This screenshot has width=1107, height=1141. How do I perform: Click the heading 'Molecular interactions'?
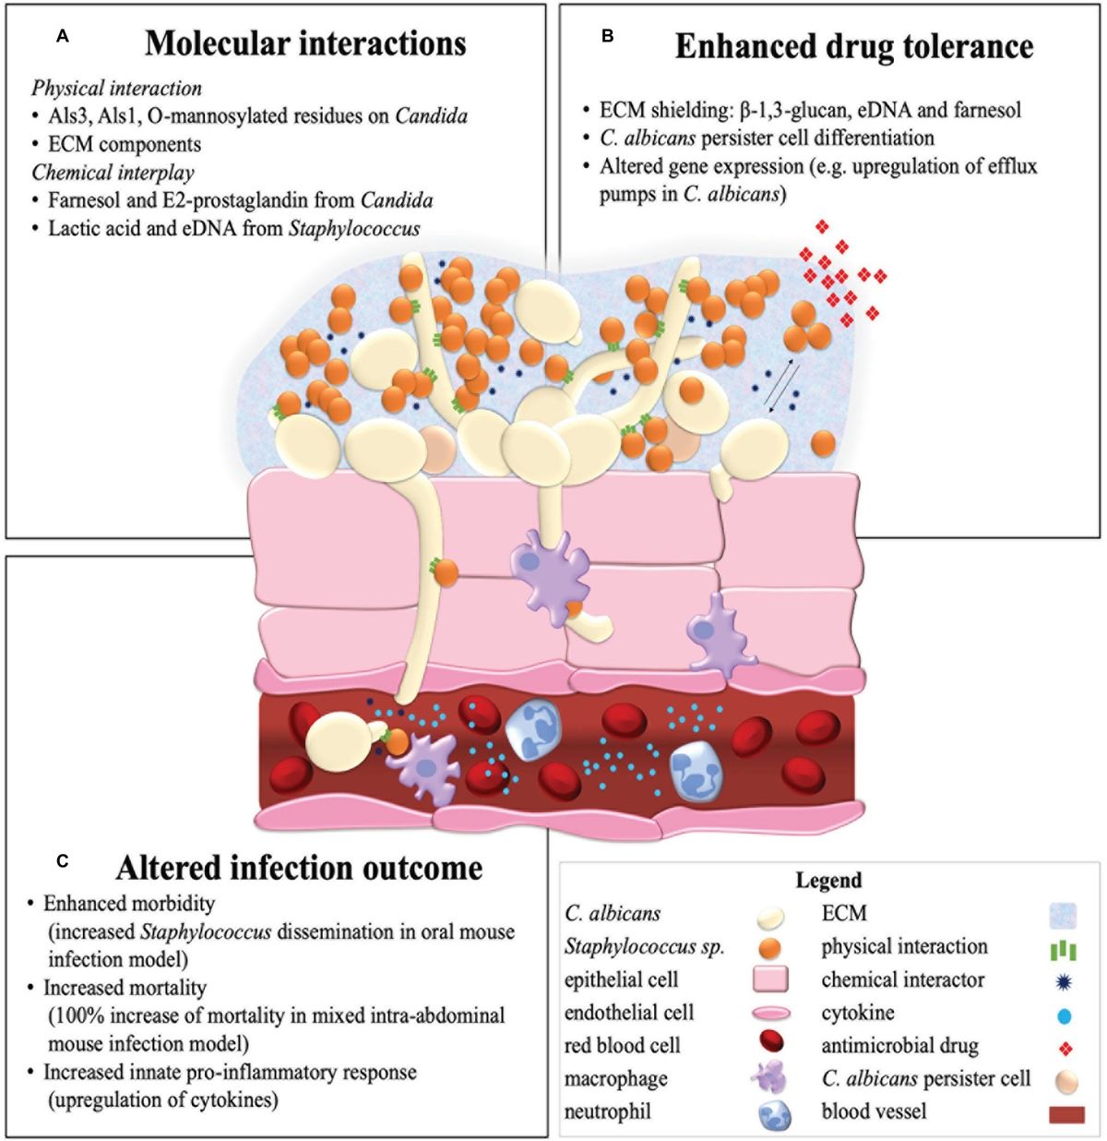point(305,43)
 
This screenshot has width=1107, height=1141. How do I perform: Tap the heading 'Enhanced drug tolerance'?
point(854,47)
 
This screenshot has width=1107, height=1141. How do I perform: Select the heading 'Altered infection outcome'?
point(299,868)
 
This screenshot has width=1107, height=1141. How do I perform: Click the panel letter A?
point(62,36)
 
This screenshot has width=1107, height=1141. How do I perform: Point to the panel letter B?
point(607,37)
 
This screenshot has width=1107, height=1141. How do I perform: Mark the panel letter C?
point(62,860)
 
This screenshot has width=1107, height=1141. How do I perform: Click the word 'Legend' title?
point(828,881)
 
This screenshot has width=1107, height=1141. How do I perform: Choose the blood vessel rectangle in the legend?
point(1065,1114)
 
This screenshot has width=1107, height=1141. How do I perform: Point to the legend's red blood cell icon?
point(774,1047)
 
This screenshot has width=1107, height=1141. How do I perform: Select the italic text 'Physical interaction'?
point(117,89)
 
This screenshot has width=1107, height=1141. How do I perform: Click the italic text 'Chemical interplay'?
point(113,173)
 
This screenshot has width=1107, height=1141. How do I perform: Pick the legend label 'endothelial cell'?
point(628,1013)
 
